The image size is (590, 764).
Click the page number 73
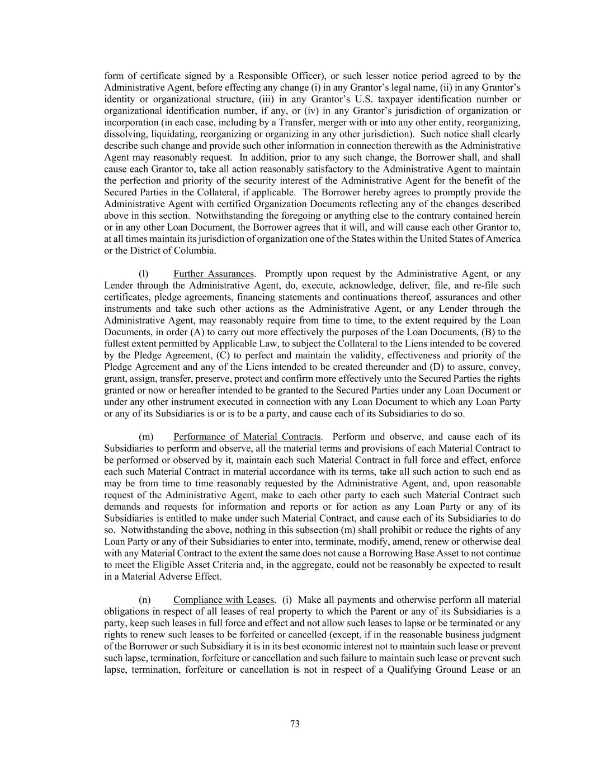point(295,724)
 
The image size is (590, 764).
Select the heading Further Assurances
point(214,274)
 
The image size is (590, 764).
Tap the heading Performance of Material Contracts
point(247,437)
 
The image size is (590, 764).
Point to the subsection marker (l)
point(144,274)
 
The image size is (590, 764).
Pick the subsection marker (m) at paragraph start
point(145,437)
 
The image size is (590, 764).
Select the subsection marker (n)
point(144,599)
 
